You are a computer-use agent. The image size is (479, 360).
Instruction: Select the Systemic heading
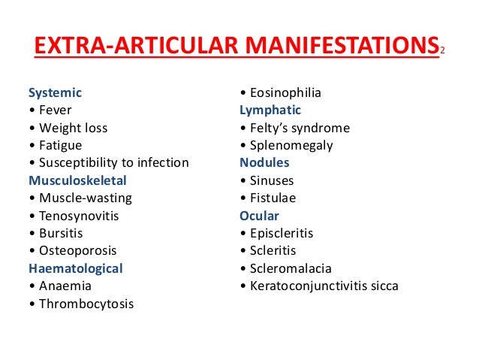tap(55, 93)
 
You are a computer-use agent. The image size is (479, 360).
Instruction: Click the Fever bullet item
tap(53, 110)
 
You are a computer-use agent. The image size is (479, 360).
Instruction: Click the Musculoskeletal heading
tap(77, 180)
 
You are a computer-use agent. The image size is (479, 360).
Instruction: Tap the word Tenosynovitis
tap(79, 216)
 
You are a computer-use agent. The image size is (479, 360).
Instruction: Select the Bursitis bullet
tap(62, 233)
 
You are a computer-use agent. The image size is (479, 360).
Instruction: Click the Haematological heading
tap(75, 268)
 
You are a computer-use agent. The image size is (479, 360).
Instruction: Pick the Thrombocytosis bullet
tap(86, 304)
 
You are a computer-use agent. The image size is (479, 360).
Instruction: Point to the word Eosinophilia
tap(285, 93)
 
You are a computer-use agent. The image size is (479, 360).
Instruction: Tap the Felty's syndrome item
tap(299, 128)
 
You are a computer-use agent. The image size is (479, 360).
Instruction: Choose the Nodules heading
tap(264, 163)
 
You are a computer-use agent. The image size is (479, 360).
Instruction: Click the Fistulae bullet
tap(273, 198)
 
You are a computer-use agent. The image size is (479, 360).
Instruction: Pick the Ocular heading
tap(259, 216)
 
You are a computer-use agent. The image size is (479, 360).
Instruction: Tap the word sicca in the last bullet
tap(382, 286)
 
